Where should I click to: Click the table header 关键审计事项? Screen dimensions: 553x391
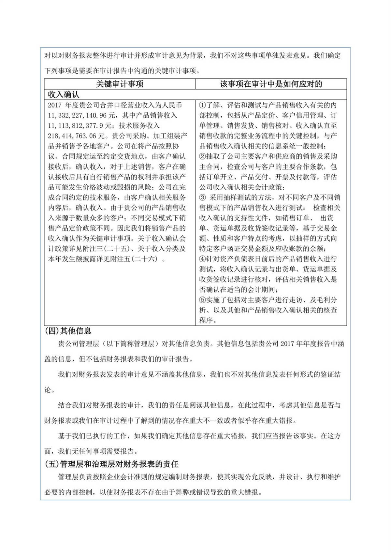[120, 84]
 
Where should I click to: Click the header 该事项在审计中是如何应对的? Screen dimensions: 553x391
[271, 84]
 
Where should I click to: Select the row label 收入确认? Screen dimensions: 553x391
[64, 95]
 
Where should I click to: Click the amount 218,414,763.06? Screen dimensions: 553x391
[76, 136]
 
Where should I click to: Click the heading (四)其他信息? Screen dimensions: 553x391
[68, 331]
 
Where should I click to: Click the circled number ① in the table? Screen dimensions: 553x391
[202, 105]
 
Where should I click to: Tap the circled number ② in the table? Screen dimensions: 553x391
[202, 156]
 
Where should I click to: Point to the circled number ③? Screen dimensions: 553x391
[202, 197]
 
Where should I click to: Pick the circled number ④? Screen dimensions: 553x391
[202, 259]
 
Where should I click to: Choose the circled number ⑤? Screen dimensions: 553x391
[202, 300]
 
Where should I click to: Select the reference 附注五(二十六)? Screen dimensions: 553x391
[133, 259]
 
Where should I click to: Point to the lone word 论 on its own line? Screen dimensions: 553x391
[48, 390]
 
